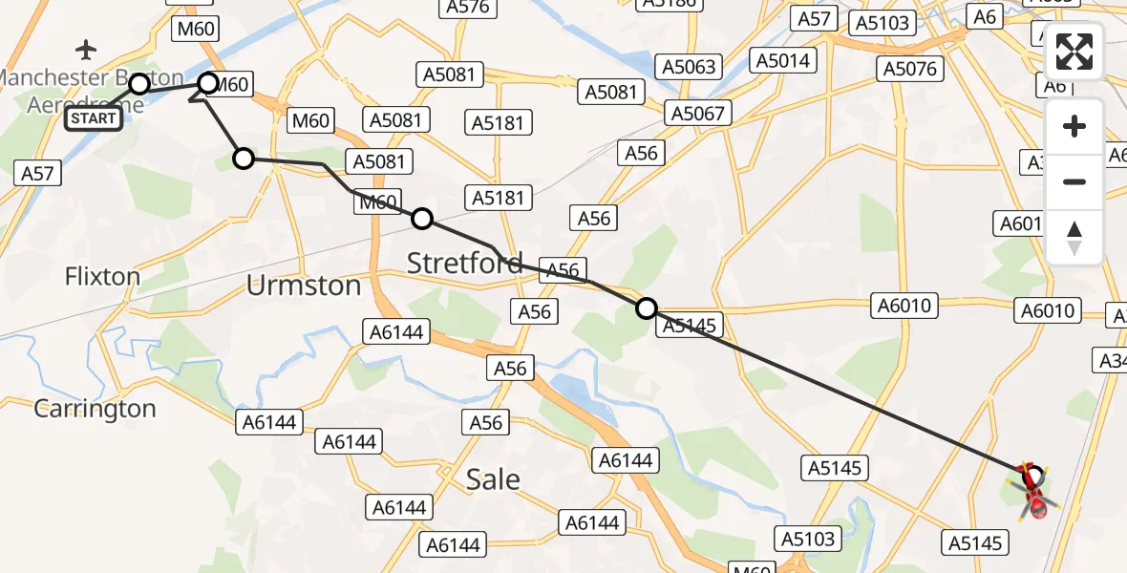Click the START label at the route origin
94,118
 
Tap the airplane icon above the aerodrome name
87,49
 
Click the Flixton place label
102,277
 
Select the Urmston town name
304,286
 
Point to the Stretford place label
465,263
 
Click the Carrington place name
95,409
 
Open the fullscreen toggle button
1074,52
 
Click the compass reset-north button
1074,237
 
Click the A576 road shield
467,8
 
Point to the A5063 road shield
688,67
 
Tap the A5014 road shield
782,61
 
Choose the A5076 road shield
910,69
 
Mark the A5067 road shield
698,114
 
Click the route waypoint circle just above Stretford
422,220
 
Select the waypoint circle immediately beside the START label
139,84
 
